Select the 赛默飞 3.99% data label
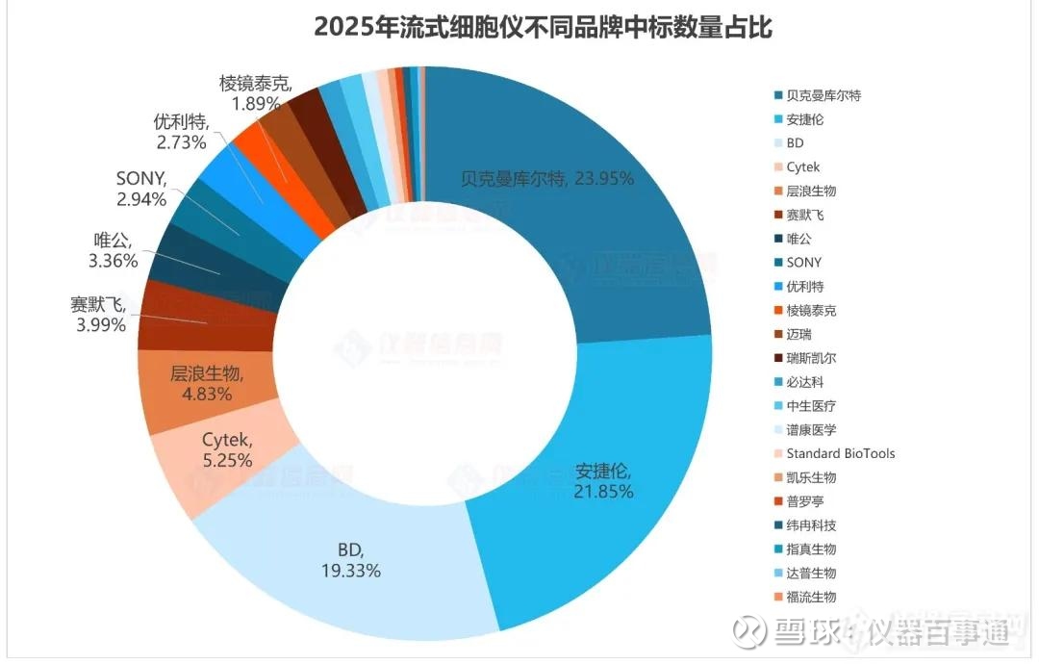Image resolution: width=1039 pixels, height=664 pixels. click(x=98, y=315)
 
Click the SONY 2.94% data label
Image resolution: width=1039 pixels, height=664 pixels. click(x=141, y=189)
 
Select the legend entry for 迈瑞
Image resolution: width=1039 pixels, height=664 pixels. click(x=798, y=334)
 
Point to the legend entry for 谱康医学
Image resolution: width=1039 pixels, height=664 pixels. click(x=811, y=429)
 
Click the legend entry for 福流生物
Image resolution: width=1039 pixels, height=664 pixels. click(x=811, y=597)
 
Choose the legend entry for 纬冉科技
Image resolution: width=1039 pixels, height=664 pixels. click(x=811, y=525)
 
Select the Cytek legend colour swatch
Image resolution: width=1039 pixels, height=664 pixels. click(x=775, y=167)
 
